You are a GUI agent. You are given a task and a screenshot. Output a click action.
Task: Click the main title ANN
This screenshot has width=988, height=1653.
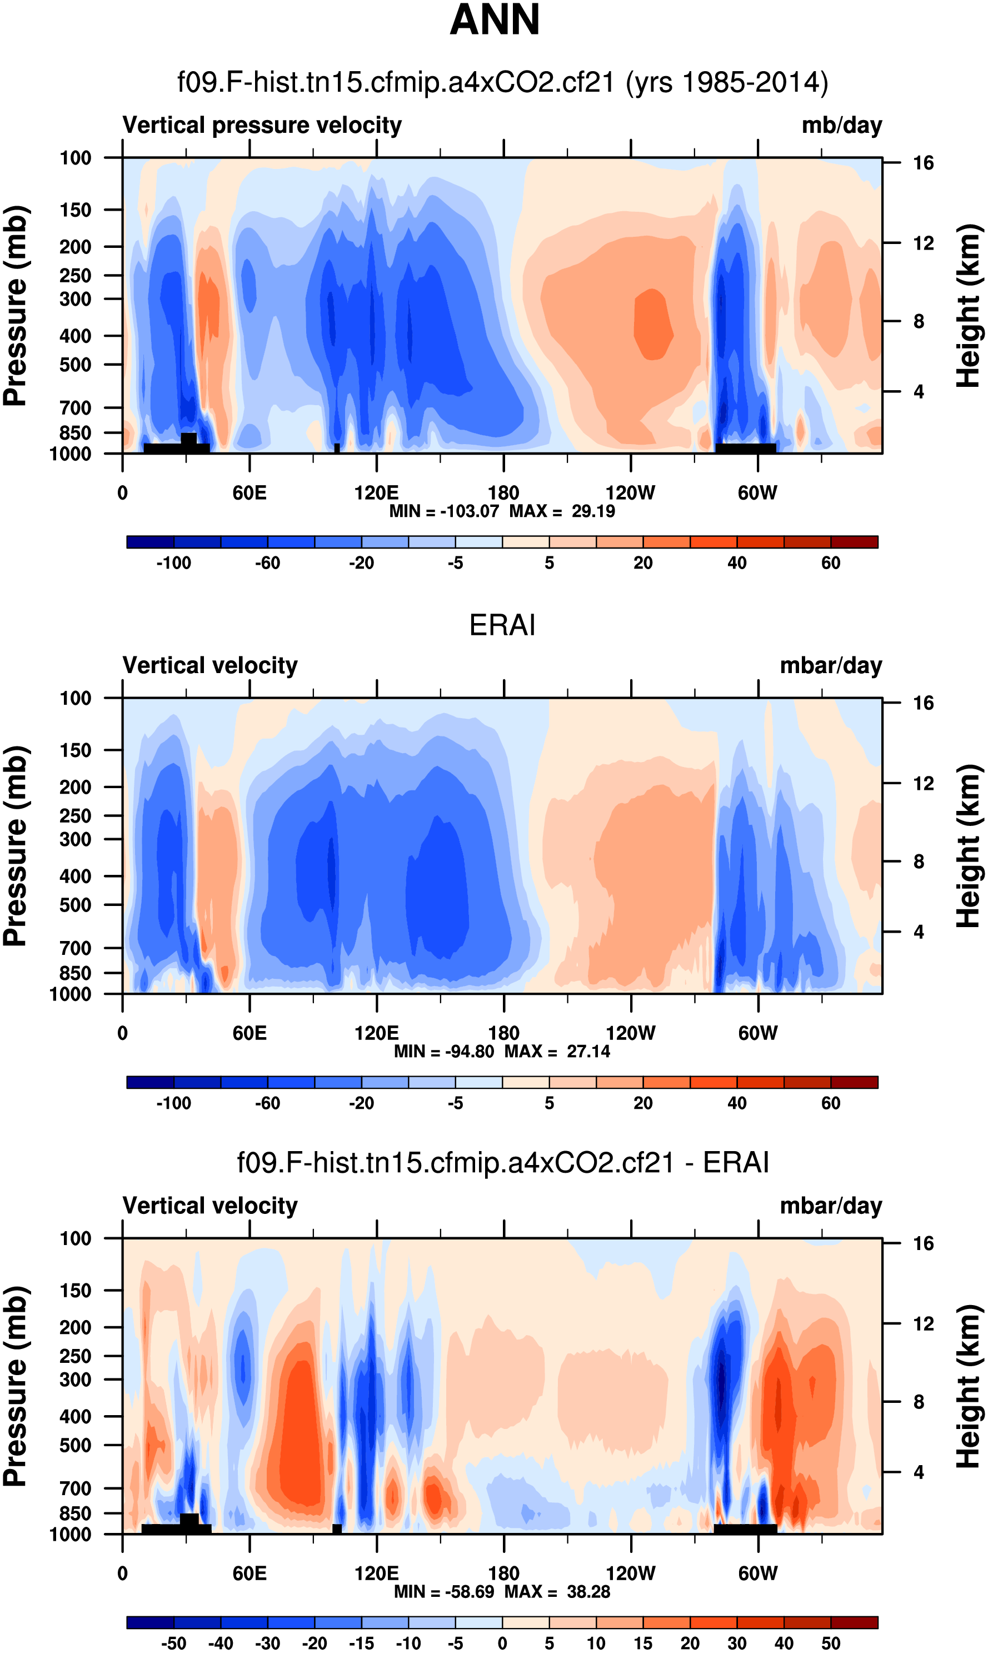[494, 20]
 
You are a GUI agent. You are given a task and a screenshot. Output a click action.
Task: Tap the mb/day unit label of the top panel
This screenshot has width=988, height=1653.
[841, 125]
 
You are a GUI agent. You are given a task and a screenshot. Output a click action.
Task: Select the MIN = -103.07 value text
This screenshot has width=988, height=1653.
[444, 511]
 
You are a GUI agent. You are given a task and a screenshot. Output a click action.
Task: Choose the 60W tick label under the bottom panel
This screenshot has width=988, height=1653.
[757, 1573]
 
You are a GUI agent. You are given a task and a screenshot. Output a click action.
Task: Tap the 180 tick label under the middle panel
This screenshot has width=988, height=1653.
[503, 1033]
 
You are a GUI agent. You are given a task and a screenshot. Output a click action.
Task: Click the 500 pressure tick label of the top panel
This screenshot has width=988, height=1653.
[75, 365]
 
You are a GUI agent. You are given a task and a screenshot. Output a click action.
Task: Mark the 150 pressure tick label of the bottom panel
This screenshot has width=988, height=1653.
[75, 1290]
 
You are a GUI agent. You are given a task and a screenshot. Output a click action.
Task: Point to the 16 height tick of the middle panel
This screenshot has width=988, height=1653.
[923, 703]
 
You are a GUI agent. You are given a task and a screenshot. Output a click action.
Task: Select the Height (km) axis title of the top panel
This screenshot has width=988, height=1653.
[969, 306]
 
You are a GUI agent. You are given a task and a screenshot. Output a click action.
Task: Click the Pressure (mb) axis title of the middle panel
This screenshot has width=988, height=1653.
[14, 845]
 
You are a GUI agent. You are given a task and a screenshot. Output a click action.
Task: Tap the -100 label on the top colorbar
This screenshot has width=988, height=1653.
[174, 563]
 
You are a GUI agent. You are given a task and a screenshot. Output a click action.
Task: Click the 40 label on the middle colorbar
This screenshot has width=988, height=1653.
[736, 1103]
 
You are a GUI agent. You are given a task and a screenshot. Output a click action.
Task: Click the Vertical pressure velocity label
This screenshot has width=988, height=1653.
[262, 125]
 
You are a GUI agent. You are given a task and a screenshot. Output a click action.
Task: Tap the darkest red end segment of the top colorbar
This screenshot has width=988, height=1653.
[854, 542]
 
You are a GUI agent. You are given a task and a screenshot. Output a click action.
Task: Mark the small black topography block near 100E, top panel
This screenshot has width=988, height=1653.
[337, 448]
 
